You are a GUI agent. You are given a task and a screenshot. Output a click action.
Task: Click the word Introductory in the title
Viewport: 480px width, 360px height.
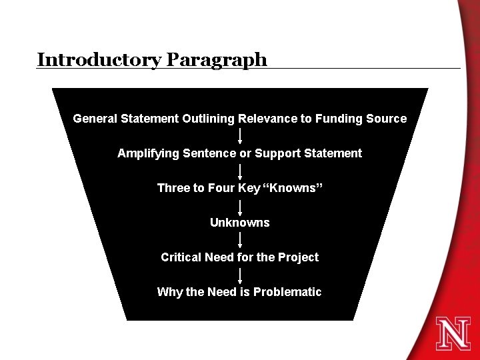click(99, 59)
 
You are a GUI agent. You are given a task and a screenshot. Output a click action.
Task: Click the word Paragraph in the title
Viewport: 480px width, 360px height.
click(217, 60)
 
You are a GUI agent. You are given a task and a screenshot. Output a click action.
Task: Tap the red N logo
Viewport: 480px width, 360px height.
click(453, 333)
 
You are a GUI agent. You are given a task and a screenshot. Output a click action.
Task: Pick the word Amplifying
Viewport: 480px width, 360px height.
click(144, 153)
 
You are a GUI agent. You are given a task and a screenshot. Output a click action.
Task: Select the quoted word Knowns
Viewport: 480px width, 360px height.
click(294, 188)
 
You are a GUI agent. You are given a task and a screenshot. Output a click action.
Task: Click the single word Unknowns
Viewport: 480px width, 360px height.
click(240, 223)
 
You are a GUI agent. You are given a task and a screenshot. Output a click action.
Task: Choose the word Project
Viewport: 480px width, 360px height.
click(299, 257)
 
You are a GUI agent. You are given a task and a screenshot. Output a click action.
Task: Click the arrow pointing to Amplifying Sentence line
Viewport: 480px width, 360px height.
click(240, 136)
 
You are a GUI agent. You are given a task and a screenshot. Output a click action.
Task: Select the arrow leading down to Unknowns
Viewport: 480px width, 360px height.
click(240, 205)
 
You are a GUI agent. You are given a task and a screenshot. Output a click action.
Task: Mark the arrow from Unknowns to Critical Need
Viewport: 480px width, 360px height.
click(240, 240)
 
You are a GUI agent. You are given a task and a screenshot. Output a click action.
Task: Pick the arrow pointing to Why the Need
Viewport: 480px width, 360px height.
click(240, 275)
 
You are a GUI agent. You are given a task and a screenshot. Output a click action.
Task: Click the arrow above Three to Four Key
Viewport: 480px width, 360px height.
click(240, 171)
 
